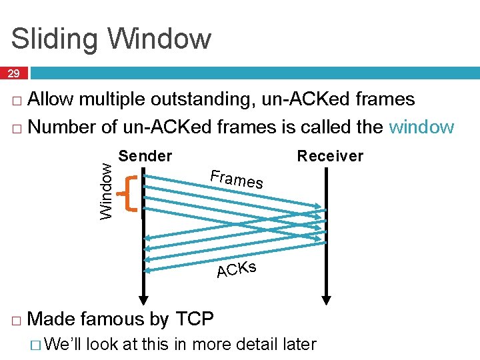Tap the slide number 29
coord(14,73)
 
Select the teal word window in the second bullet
coord(421,127)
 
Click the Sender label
coord(145,156)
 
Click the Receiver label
coord(330,156)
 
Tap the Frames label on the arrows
coord(236,179)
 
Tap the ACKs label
coord(237,270)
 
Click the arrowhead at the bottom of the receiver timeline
coord(326,297)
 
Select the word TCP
coord(194,319)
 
